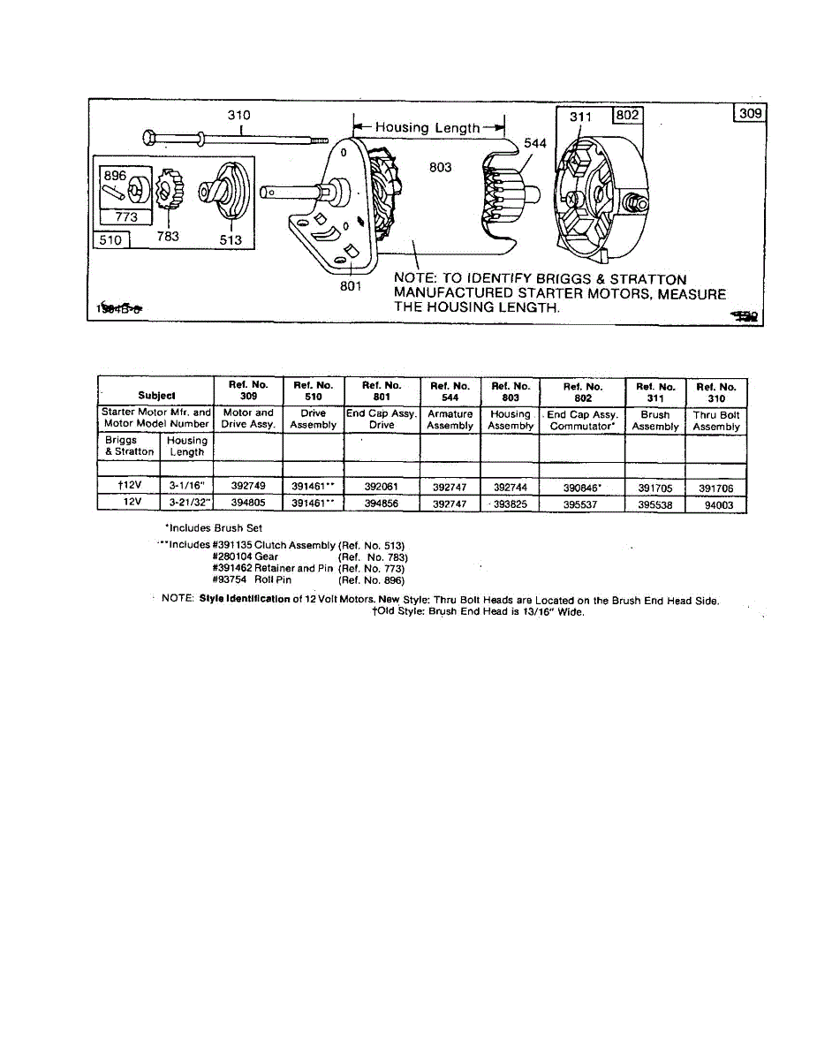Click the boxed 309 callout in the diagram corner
click(x=750, y=114)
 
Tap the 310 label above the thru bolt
click(x=238, y=115)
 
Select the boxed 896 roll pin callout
click(x=116, y=176)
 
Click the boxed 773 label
click(x=126, y=216)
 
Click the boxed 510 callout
click(x=111, y=238)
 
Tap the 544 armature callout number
click(x=534, y=141)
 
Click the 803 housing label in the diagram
click(x=441, y=167)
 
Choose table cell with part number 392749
click(x=248, y=487)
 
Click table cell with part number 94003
click(x=716, y=506)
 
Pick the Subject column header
click(x=156, y=395)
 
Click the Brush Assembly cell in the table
click(x=654, y=420)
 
